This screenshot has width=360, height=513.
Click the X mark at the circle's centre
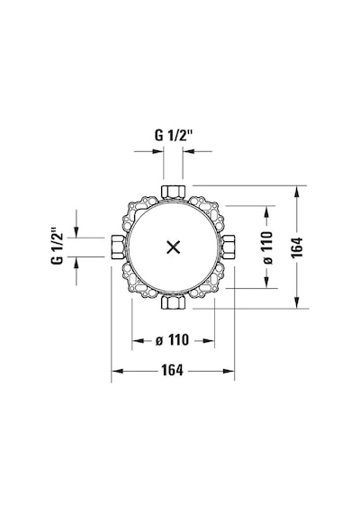[174, 247]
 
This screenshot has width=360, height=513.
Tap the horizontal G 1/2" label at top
[173, 135]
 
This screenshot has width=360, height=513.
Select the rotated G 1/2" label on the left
[57, 246]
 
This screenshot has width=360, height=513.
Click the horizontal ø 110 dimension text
[173, 340]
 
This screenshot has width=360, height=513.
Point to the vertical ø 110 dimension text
[267, 247]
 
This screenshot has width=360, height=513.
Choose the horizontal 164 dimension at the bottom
[172, 371]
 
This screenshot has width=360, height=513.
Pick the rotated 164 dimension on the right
[297, 247]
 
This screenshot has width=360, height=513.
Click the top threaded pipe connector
[174, 192]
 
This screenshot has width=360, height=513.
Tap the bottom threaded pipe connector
[174, 302]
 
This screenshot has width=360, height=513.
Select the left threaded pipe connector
[118, 247]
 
